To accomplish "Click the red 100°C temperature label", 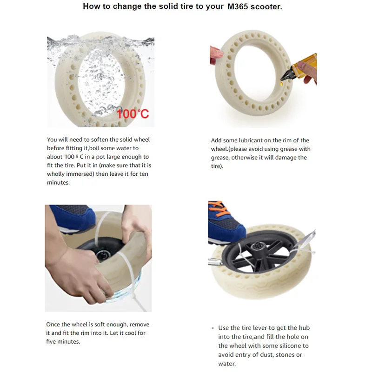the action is pos(133,113).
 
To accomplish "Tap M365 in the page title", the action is pos(238,7).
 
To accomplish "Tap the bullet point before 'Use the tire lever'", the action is pos(213,328).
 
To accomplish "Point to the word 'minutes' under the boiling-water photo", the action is pos(58,182).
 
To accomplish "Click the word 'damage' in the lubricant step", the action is pos(283,158).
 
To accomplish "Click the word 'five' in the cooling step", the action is pos(51,342).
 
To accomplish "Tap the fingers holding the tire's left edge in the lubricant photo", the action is pos(216,55).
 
